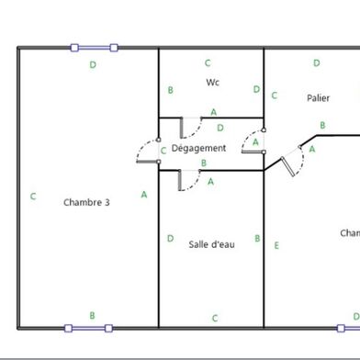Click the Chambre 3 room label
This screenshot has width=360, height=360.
tap(87, 202)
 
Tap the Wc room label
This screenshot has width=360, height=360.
tap(213, 83)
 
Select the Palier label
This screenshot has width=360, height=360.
tap(318, 97)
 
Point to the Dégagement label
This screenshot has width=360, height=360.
tap(198, 148)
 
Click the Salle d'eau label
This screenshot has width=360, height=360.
tap(211, 244)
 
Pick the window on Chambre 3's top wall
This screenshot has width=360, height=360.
tap(96, 48)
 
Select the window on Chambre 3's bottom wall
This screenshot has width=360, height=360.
tap(88, 327)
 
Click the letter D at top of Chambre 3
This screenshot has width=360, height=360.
tap(93, 65)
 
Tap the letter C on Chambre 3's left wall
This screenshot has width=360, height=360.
tap(33, 196)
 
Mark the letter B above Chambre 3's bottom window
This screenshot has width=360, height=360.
tap(92, 315)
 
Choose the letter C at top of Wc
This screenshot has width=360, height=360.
tap(208, 62)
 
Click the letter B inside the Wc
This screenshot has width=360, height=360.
tap(171, 90)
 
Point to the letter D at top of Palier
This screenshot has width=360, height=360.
tap(317, 63)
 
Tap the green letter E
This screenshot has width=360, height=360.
tap(276, 245)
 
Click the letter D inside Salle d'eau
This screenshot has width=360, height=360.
tap(171, 239)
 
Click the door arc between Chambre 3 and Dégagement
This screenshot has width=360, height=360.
tap(147, 152)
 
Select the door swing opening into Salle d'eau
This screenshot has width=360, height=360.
tap(189, 178)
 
